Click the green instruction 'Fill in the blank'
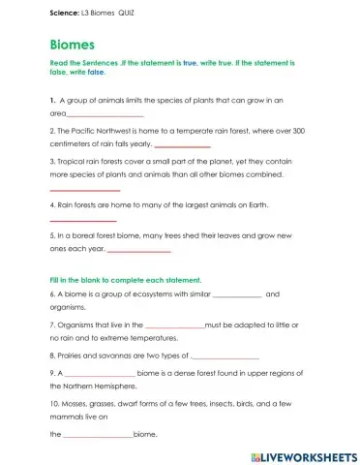pos(76,279)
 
